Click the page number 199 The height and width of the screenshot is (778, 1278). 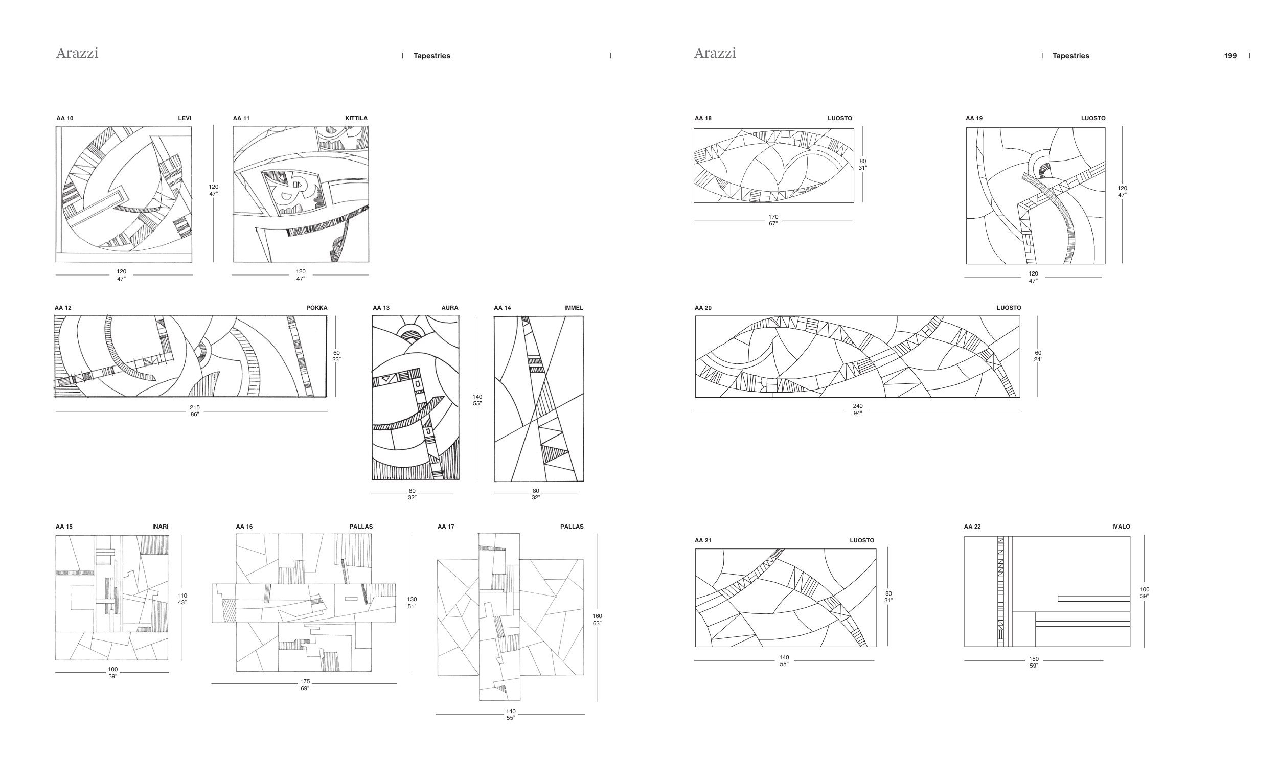tap(1230, 56)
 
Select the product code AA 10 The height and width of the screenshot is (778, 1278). tap(65, 118)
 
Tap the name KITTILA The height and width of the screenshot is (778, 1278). tap(356, 118)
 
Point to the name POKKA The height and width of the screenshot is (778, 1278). tap(317, 308)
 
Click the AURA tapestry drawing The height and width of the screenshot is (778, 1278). tap(416, 398)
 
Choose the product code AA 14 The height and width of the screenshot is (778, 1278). tap(502, 308)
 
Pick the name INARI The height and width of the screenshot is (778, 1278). tap(161, 527)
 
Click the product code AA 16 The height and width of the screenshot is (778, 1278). tap(244, 527)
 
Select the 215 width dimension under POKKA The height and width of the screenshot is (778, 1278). tap(194, 408)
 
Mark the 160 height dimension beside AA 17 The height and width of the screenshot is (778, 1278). tap(597, 616)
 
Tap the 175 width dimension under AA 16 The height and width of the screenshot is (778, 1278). tap(305, 681)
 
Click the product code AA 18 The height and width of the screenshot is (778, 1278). tap(703, 118)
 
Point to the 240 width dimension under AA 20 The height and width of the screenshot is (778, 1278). tap(858, 406)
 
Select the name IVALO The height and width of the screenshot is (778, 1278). tap(1121, 527)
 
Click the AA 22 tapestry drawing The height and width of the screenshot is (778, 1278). tap(1047, 591)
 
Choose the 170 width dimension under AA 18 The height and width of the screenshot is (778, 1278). tap(773, 217)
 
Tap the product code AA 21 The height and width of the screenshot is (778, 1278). tap(703, 540)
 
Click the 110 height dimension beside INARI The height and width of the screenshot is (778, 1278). tap(182, 596)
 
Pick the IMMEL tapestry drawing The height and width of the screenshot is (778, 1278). tap(539, 398)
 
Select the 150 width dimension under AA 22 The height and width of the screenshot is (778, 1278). tap(1034, 659)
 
